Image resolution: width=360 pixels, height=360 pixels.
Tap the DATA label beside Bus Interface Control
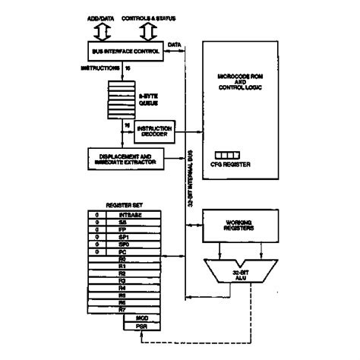(x=173, y=46)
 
